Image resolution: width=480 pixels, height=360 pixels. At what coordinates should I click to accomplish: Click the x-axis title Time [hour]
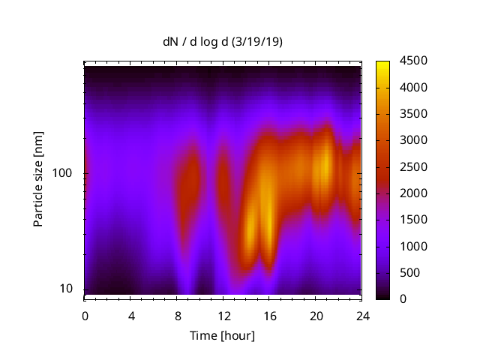pos(222,335)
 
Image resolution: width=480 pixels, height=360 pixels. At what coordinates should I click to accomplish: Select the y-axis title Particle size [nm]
pos(38,180)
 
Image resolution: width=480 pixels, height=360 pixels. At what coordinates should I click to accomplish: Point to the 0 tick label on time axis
pos(85,315)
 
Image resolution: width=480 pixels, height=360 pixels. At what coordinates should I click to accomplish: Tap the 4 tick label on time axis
pos(130,315)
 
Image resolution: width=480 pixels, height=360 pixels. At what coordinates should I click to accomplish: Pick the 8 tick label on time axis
pos(177,315)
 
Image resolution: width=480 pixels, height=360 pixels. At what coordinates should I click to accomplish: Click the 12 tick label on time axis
pos(223,315)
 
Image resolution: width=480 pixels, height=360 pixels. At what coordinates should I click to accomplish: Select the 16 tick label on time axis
pos(269,315)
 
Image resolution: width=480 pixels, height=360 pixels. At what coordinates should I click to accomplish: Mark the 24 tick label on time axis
pos(361,315)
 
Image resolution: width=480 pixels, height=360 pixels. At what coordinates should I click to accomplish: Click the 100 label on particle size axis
pos(62,173)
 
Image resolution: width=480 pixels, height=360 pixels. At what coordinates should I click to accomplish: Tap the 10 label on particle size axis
pos(65,289)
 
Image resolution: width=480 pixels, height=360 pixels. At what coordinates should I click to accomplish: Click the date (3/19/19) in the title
pos(257,42)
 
